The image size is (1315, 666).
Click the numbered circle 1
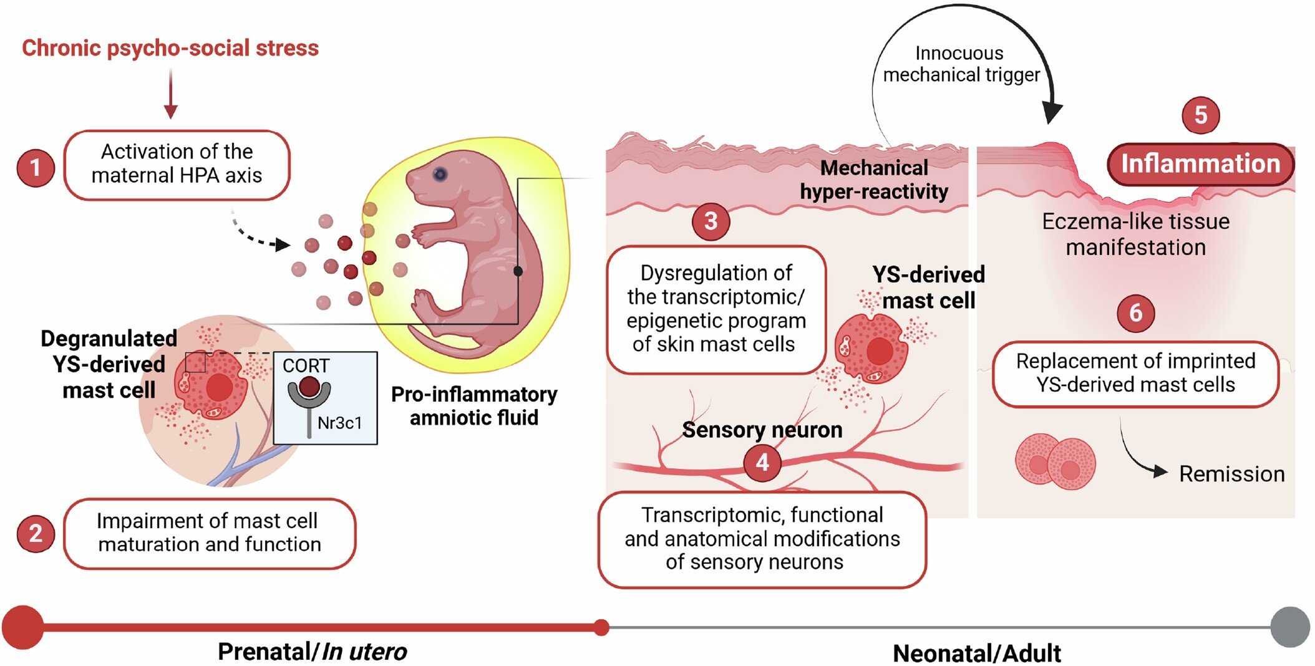36,167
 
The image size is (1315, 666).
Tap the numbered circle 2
36,534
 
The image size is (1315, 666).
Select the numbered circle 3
711,221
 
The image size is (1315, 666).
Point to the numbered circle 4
762,463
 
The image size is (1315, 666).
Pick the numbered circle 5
1201,115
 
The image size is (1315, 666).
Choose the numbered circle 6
1135,312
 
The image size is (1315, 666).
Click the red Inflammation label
1201,164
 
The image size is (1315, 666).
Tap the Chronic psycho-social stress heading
170,48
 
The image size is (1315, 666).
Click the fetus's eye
440,174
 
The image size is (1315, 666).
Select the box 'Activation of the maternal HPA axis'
177,165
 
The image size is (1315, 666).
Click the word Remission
1231,474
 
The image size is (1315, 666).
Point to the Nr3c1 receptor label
339,423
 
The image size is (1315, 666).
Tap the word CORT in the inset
306,365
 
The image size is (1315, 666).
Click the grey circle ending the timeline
1290,627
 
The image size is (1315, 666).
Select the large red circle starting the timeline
23,627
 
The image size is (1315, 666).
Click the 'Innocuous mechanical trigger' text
961,64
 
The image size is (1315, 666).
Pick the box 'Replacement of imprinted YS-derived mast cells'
1135,374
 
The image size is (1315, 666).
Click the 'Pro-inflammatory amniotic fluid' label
474,405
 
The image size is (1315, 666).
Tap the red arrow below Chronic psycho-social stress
170,94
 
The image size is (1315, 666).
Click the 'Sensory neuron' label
762,430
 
